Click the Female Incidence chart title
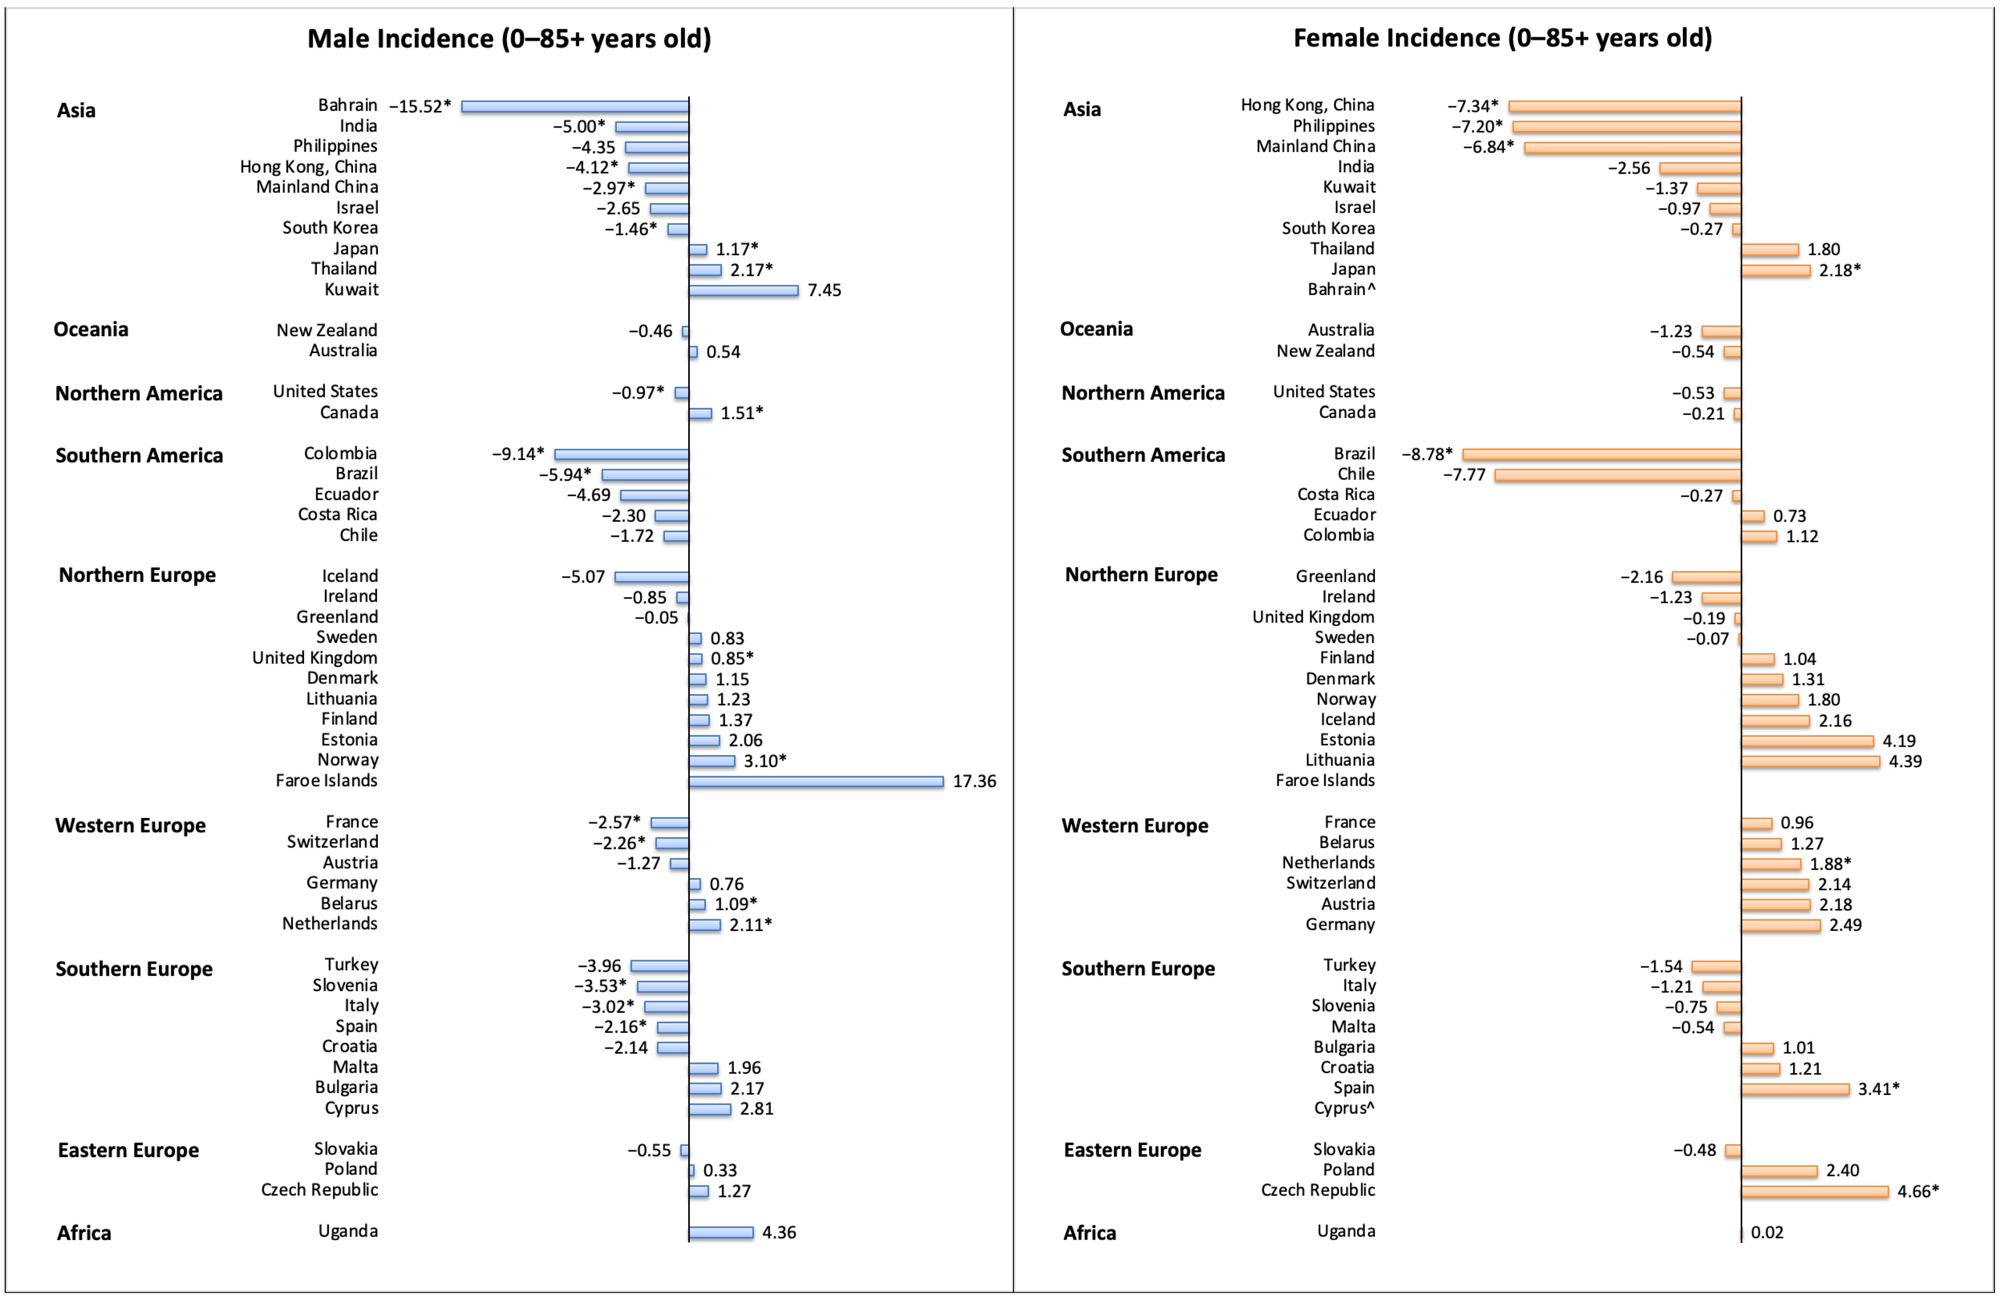point(1502,38)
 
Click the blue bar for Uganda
point(720,1233)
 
